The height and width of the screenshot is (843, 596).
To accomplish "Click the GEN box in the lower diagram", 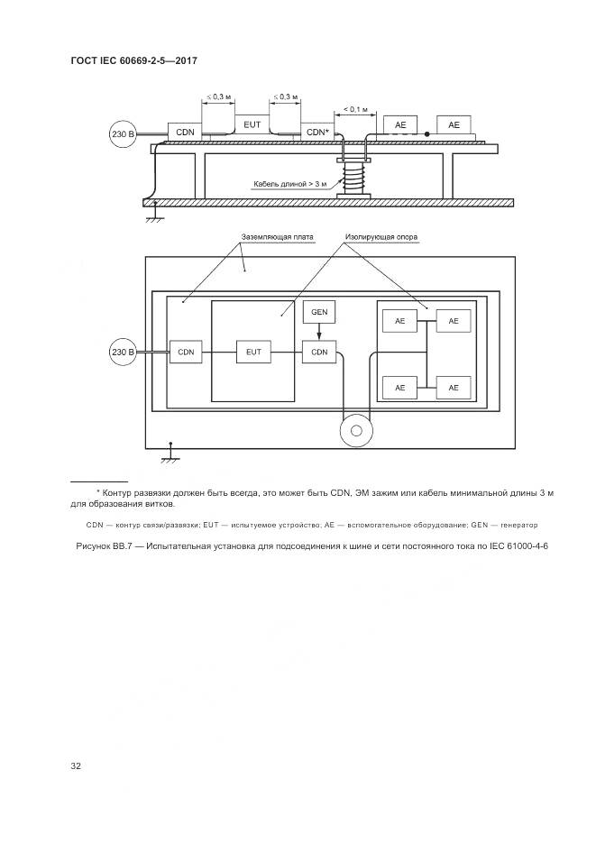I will [319, 313].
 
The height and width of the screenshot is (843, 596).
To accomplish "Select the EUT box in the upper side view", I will [252, 122].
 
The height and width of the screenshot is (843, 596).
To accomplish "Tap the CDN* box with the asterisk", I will [317, 132].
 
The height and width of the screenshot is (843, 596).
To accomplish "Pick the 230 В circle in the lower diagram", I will [123, 352].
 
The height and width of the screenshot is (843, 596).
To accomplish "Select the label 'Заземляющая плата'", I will [278, 238].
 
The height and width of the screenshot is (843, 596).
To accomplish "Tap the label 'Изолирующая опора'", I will [381, 238].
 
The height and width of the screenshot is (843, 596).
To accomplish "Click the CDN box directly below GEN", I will [319, 352].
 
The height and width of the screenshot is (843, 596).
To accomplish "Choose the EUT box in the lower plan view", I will [252, 352].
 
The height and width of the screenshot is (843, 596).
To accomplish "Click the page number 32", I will [76, 766].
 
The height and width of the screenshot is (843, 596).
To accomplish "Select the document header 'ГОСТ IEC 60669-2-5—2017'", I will [133, 60].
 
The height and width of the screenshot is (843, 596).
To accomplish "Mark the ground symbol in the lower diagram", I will [168, 455].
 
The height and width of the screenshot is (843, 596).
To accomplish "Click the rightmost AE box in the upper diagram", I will [454, 124].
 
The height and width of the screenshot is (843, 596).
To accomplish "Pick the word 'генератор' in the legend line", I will [512, 525].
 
